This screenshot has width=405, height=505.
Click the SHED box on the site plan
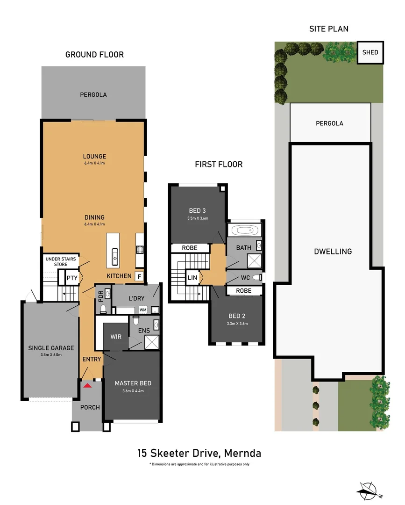click(x=370, y=52)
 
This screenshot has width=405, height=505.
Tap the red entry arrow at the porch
click(x=87, y=385)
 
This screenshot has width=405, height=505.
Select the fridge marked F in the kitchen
click(x=139, y=276)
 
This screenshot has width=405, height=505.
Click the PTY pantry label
click(x=71, y=278)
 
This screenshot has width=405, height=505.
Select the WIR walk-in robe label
click(x=115, y=337)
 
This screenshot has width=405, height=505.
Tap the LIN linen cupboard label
click(x=192, y=278)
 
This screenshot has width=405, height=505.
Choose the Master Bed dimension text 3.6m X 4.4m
click(x=133, y=391)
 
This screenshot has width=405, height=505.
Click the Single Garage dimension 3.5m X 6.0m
click(x=51, y=355)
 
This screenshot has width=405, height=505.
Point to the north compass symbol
click(x=369, y=490)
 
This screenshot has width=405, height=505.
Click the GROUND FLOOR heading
click(x=94, y=55)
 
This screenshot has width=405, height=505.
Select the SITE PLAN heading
click(x=328, y=29)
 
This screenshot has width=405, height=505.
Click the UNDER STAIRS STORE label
click(x=60, y=261)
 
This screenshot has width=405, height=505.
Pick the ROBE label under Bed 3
click(x=190, y=248)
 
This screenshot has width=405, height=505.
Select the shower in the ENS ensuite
click(x=151, y=342)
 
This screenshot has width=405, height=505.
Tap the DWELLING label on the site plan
click(x=333, y=252)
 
